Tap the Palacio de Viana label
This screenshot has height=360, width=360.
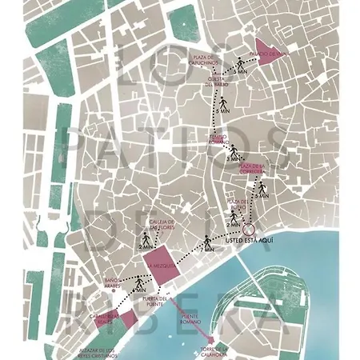273,54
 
